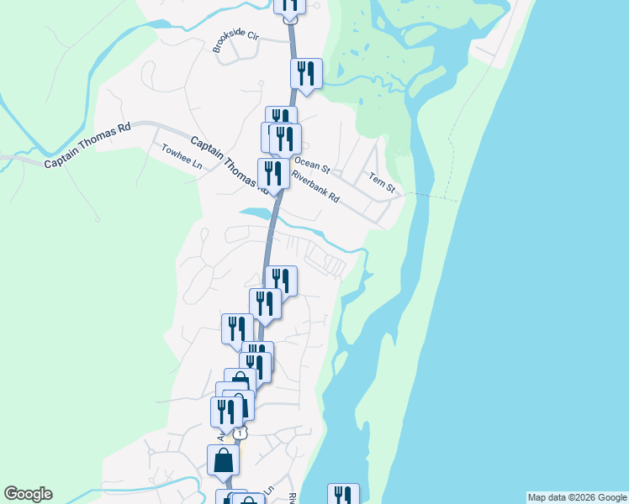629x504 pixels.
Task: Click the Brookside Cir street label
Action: [236, 43]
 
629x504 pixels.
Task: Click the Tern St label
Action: [381, 182]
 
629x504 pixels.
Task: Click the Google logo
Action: [29, 494]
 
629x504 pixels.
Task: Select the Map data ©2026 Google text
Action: [577, 497]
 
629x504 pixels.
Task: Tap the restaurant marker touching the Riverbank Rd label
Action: [273, 174]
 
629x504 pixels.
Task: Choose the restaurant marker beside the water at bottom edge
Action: [343, 496]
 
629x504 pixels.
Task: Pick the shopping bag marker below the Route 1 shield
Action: [223, 459]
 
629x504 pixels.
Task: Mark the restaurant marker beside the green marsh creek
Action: [306, 74]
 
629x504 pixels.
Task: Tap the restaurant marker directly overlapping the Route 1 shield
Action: [226, 412]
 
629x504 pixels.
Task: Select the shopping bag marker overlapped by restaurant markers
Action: [240, 382]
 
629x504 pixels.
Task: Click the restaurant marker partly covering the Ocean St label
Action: [285, 139]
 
